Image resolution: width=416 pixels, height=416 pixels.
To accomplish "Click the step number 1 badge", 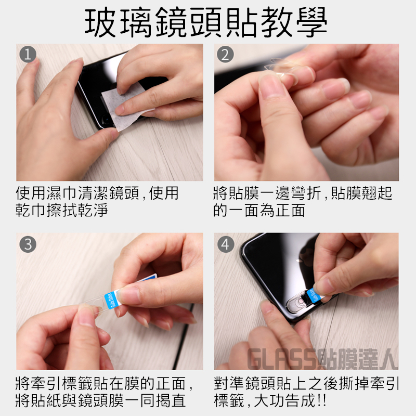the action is pos(28,55).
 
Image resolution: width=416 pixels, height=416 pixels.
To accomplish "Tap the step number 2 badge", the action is pos(225,55).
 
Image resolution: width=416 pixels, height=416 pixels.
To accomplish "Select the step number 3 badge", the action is pos(28,244).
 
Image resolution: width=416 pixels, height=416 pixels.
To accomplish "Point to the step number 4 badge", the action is pos(226,244).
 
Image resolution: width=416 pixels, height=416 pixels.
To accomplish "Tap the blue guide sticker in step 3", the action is pos(110,301).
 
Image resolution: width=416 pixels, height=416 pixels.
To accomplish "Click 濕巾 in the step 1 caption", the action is pos(62,193).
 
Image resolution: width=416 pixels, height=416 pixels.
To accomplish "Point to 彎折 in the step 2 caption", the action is pos(306,193).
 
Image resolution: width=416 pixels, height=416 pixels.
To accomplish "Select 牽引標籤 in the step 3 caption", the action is pos(62,383).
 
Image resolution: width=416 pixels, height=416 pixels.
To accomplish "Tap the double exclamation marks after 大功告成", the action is pos(321,400).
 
